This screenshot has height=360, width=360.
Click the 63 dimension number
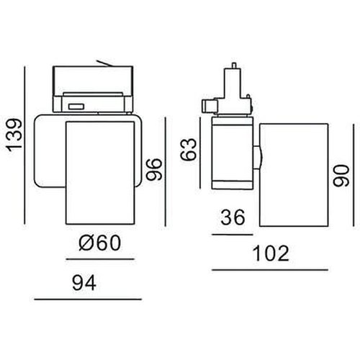click(x=189, y=150)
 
